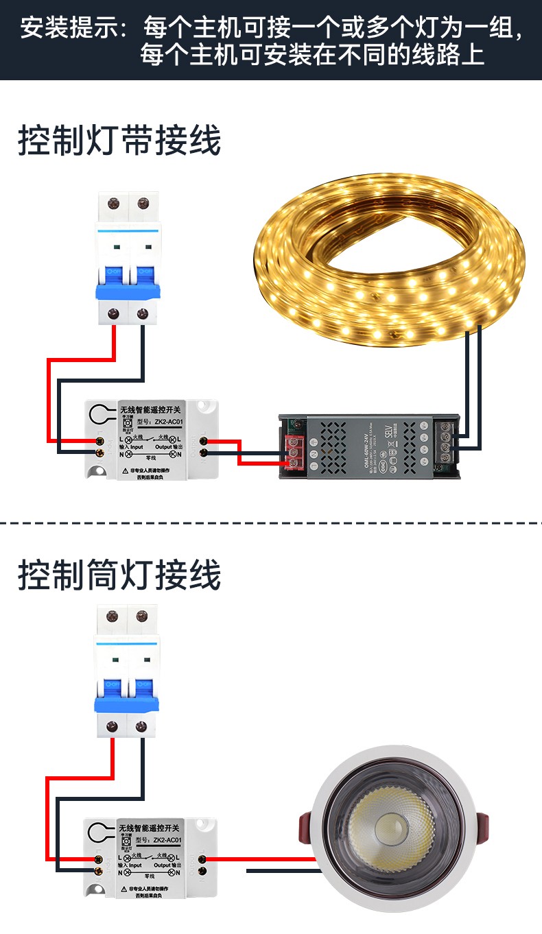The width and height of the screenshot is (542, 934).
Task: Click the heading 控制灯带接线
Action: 119,142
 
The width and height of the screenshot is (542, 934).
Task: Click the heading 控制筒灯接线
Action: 119,575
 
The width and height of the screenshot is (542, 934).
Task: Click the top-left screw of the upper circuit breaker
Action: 113,204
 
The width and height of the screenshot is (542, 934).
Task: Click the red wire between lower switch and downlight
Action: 261,858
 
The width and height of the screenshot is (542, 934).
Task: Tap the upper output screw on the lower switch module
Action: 203,858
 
